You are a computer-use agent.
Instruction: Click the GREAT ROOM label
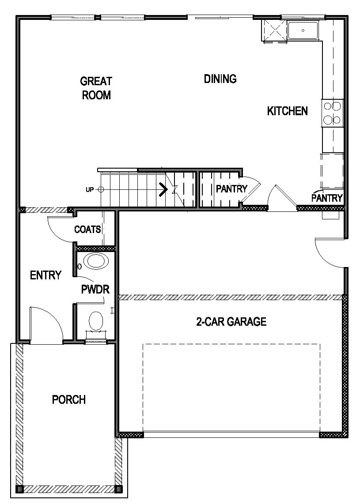[x=96, y=88]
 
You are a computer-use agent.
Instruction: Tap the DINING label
[x=220, y=79]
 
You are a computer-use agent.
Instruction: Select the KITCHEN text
[x=287, y=111]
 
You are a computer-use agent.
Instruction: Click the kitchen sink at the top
[x=303, y=31]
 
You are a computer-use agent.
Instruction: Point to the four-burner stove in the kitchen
[x=332, y=113]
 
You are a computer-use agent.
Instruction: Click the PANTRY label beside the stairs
[x=231, y=189]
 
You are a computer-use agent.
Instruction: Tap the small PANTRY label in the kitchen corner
[x=327, y=198]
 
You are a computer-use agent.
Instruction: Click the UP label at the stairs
[x=90, y=190]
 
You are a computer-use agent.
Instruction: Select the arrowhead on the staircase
[x=163, y=190]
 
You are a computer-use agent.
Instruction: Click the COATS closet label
[x=87, y=229]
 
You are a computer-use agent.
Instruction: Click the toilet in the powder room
[x=95, y=321]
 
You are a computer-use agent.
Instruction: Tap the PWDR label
[x=95, y=290]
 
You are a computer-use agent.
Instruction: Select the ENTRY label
[x=45, y=275]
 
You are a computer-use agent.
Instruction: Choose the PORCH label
[x=68, y=400]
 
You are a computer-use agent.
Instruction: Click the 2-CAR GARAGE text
[x=231, y=322]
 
